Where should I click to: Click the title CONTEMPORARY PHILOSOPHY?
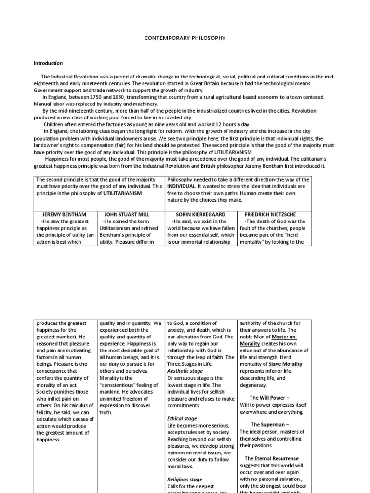click(x=185, y=38)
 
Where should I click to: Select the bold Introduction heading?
click(x=48, y=63)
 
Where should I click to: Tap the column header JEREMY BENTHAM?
click(x=65, y=214)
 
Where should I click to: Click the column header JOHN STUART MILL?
click(x=130, y=214)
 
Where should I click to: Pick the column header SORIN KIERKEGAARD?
click(x=201, y=214)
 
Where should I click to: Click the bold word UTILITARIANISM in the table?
click(x=125, y=193)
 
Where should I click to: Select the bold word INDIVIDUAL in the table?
click(x=181, y=186)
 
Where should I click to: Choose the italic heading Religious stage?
click(x=185, y=480)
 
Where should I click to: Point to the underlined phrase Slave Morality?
click(x=286, y=364)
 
